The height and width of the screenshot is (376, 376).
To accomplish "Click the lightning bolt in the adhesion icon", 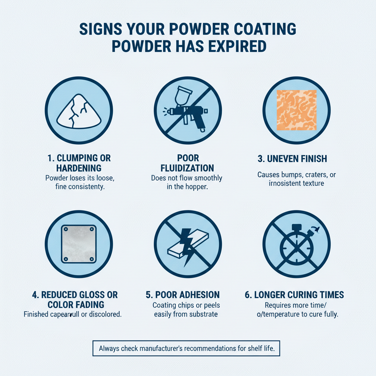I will tap(184, 244).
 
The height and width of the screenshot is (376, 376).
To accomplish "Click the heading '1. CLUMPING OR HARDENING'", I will tap(79, 163).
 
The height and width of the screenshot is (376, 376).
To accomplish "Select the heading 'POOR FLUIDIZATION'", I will tap(188, 163).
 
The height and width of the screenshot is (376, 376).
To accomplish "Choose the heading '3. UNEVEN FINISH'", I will tap(296, 159).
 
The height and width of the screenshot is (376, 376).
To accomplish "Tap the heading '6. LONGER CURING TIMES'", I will tap(294, 294).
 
